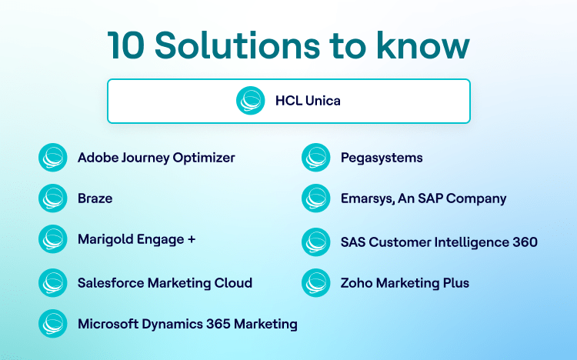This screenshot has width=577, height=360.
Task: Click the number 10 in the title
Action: coord(125,45)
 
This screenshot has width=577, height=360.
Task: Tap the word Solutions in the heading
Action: coord(238,45)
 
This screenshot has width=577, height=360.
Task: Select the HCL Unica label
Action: coord(308,101)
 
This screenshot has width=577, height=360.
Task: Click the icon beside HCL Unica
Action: coord(251,101)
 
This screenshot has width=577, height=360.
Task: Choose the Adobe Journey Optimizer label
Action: coord(156,158)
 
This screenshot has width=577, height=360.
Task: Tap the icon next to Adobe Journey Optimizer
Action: coord(53,158)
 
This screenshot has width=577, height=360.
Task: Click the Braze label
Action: coord(95,198)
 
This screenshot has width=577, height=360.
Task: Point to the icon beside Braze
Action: coord(53,198)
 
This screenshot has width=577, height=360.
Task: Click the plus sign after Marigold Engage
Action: coord(192,239)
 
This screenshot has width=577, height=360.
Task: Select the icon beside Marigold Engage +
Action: coord(53,239)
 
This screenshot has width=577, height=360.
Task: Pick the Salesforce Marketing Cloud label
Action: coord(165,283)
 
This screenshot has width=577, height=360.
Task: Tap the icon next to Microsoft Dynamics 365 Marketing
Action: coord(53,324)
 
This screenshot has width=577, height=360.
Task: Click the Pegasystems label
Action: coord(382,158)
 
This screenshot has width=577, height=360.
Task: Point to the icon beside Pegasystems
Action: coord(315,158)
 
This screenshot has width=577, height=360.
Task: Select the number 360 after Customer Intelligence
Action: coord(525,242)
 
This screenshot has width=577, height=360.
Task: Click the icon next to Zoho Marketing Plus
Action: coord(315,283)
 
